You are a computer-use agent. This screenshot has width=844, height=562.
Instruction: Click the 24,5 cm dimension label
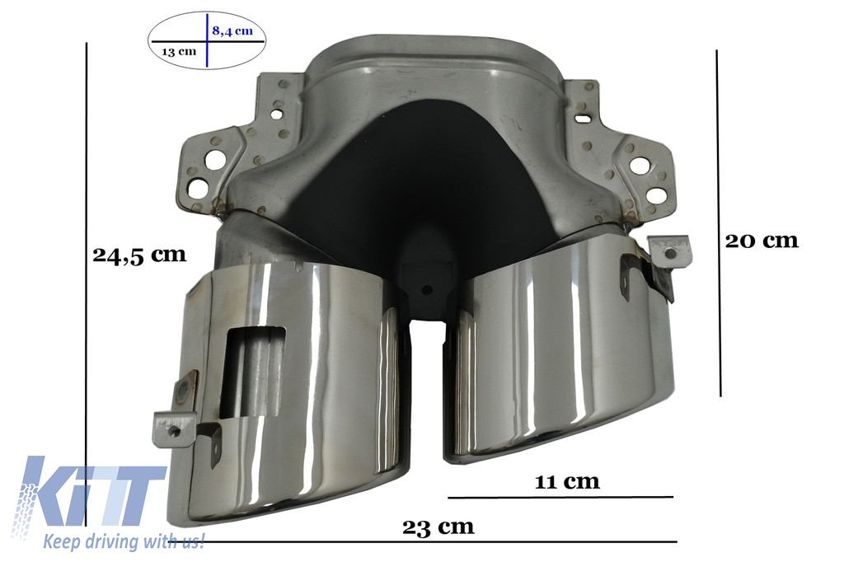click(139, 255)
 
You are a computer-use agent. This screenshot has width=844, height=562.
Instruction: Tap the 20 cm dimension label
click(762, 240)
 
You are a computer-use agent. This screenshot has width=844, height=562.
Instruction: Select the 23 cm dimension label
click(438, 527)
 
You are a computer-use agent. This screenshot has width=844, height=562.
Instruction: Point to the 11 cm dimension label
click(567, 480)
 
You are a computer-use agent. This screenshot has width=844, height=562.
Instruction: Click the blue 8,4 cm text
click(232, 30)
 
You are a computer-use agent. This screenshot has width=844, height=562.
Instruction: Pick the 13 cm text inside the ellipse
click(179, 52)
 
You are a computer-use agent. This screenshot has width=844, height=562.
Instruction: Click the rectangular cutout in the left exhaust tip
click(252, 372)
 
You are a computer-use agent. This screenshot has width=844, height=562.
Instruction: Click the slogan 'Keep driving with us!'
click(124, 541)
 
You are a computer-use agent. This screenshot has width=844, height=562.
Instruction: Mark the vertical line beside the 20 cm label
click(719, 222)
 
